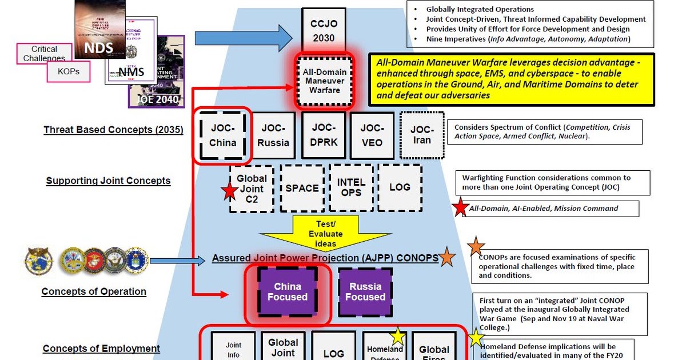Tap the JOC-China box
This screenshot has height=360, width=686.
(223, 136)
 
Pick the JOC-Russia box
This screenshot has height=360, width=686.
(273, 136)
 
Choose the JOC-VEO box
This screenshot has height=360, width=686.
(371, 136)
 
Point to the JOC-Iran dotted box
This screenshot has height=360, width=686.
(422, 135)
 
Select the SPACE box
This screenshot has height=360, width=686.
(302, 188)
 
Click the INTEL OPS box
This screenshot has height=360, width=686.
(351, 188)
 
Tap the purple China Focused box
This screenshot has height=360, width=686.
(288, 291)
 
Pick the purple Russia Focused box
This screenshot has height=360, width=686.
(365, 291)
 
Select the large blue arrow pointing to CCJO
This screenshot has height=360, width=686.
(243, 38)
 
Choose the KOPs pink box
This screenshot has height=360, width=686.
(69, 72)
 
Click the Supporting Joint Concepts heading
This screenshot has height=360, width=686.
(108, 181)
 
